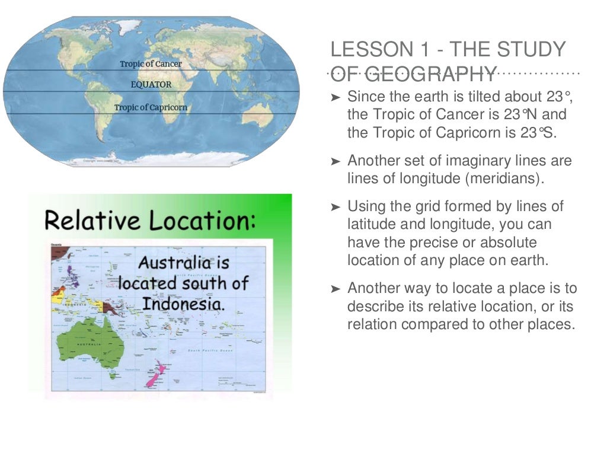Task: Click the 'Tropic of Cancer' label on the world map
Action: (x=151, y=63)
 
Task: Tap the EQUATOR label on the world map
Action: (x=151, y=85)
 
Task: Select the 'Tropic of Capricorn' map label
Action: (x=151, y=107)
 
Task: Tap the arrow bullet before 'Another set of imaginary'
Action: (x=336, y=161)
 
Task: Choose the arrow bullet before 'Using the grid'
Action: (x=336, y=208)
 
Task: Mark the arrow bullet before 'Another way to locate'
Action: (x=336, y=289)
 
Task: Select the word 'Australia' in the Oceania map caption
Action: (x=174, y=263)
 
